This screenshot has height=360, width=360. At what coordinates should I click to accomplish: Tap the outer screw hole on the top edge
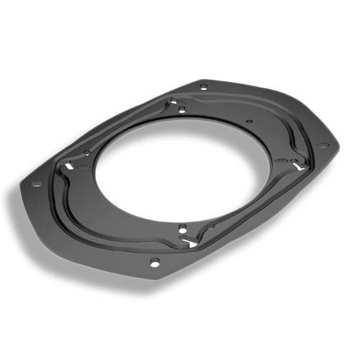(204, 87)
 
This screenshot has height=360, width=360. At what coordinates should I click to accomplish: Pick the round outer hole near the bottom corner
(155, 263)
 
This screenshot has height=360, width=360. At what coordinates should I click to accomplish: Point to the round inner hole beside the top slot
(182, 109)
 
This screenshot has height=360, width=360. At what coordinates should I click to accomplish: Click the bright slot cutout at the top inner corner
(173, 103)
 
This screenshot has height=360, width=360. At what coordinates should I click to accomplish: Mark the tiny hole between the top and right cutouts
(248, 122)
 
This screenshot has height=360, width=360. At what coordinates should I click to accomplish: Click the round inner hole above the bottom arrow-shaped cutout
(182, 230)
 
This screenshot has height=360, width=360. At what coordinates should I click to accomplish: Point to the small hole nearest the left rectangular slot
(86, 153)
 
